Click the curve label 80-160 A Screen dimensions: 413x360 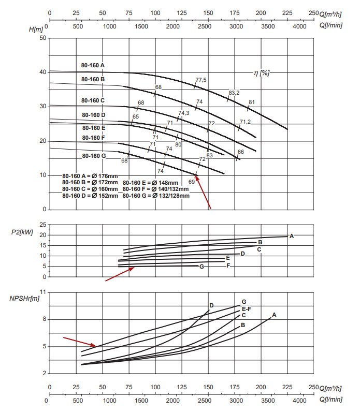coord(93,65)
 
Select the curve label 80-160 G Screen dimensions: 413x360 coord(93,156)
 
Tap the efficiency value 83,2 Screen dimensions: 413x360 coord(234,93)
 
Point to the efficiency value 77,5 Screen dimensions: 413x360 coord(201,80)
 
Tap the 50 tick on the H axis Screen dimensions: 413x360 coord(42,38)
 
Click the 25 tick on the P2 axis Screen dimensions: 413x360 coord(42,225)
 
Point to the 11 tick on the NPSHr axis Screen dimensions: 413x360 coord(42,292)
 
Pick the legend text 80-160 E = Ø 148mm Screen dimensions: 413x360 coord(150,183)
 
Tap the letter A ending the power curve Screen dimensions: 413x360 coord(291,236)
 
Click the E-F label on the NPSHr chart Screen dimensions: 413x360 coord(247,309)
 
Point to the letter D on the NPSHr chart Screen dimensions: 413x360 coord(211,305)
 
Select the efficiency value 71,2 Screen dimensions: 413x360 coord(246,122)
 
